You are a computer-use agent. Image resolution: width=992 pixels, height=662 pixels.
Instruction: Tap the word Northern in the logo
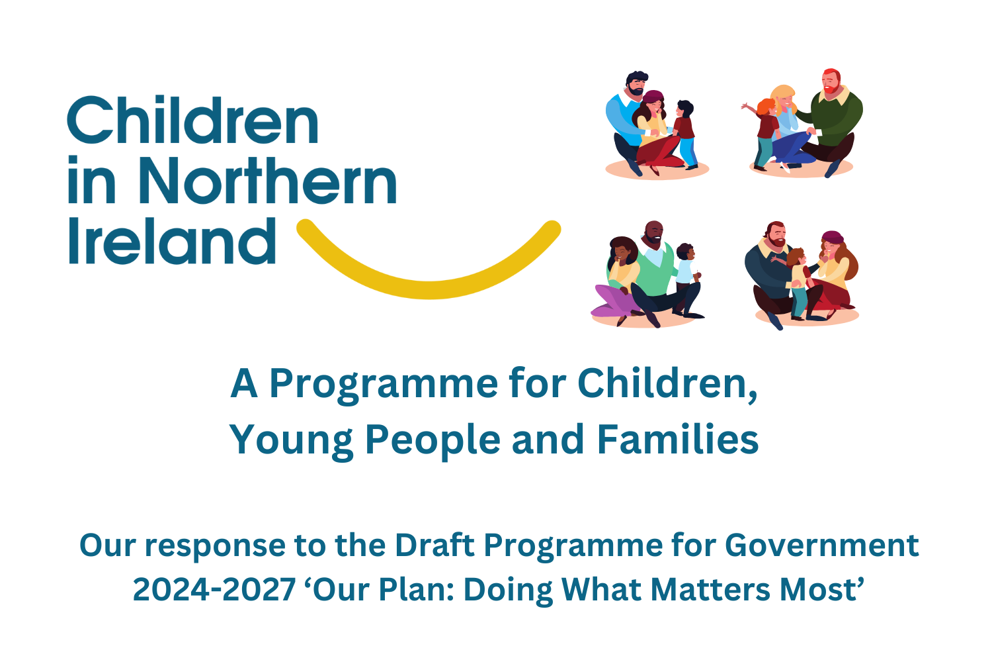(268, 180)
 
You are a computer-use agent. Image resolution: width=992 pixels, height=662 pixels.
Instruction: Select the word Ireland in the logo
(172, 241)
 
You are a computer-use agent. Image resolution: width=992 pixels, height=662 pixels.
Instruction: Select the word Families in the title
(678, 440)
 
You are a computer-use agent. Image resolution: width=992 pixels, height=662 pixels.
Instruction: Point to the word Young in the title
(291, 442)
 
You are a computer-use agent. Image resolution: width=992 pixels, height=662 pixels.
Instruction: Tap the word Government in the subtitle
(821, 546)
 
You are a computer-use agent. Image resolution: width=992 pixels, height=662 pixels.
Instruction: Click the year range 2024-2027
(214, 590)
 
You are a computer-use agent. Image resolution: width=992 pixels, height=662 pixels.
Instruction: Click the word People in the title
(433, 442)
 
